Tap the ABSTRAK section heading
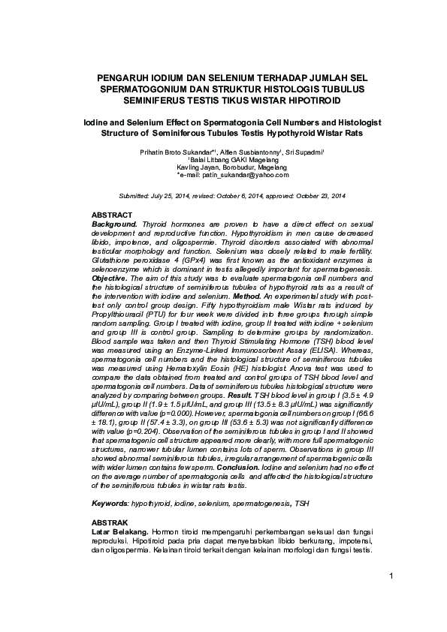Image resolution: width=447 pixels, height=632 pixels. tap(110, 522)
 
